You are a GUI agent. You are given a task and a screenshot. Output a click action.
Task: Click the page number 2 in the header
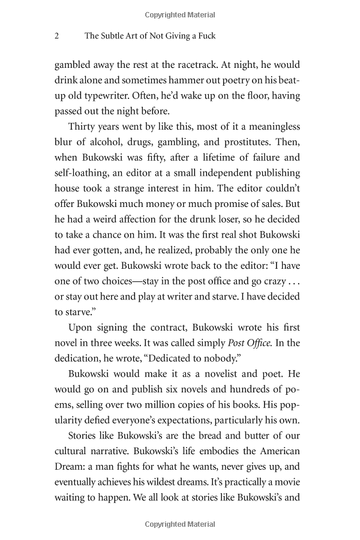coord(56,36)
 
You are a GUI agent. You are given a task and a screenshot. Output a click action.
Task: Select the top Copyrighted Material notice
coord(180,14)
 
